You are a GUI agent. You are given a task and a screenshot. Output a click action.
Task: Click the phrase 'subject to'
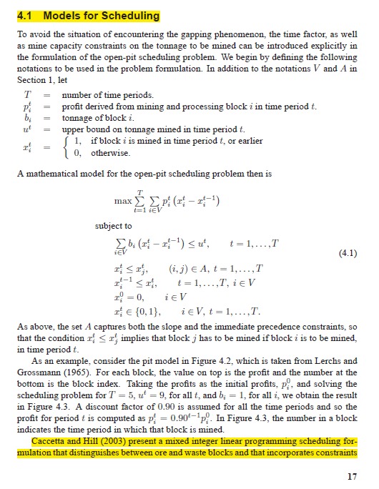click(114, 226)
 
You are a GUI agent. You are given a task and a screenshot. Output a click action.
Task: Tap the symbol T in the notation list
click(27, 94)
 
